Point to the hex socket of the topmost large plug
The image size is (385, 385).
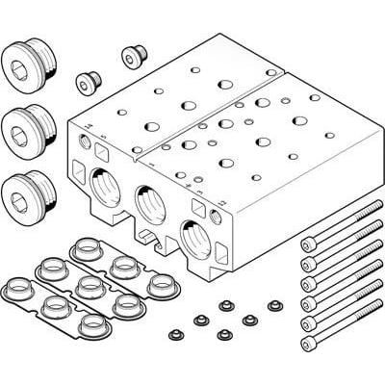pyautogui.click(x=20, y=62)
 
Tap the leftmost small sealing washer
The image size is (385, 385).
pyautogui.click(x=175, y=334)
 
